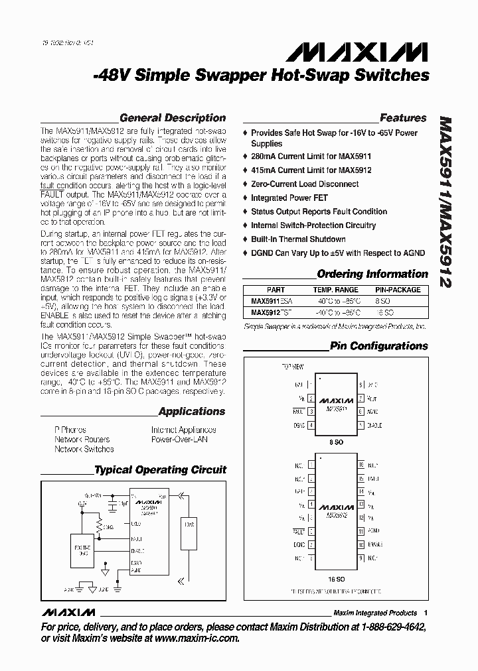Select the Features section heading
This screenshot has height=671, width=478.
pos(403,118)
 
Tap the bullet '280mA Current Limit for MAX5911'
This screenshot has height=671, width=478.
pos(311,156)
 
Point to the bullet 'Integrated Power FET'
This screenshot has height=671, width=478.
pos(289,198)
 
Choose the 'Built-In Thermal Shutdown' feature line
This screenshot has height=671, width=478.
pos(298,239)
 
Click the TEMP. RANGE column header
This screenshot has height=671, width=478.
pos(335,290)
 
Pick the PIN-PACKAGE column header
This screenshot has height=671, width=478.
pos(398,290)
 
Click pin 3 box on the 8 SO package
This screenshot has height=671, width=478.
pos(311,412)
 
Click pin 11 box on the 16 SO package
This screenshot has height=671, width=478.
pos(361,531)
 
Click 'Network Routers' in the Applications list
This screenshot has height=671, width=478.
pos(82,439)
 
